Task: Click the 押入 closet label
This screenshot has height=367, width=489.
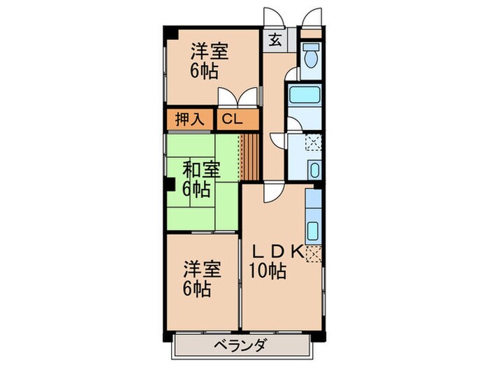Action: pos(189,120)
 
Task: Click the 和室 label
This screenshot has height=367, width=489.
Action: pos(201,170)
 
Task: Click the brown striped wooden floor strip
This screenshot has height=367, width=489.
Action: pos(250,154)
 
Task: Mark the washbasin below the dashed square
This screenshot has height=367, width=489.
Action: pos(313,170)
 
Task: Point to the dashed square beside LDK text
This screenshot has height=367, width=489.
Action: pos(314,253)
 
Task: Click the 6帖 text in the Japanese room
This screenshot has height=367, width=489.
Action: pos(196,189)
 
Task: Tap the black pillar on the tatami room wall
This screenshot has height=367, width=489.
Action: pos(170,185)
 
